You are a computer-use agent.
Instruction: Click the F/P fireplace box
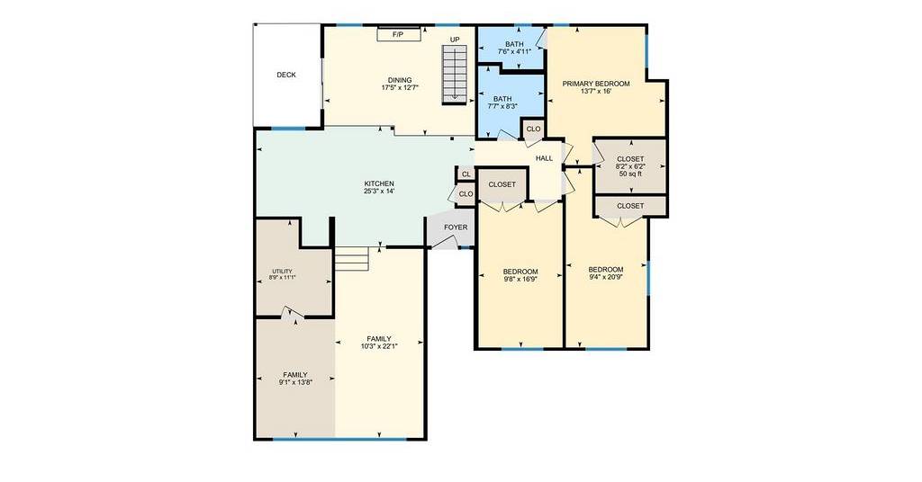click(399, 35)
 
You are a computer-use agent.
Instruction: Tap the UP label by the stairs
click(455, 40)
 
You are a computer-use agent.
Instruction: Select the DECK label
click(286, 76)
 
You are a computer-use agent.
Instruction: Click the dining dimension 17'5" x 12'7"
click(400, 88)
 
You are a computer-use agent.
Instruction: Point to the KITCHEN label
click(379, 183)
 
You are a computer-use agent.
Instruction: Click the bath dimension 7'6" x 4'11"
click(514, 51)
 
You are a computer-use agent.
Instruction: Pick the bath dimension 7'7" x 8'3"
click(502, 106)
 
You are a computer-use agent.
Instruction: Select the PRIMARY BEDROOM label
click(596, 84)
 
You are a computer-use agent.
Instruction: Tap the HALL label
click(545, 158)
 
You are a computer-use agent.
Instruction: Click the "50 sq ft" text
click(631, 174)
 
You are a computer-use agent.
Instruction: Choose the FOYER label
click(456, 228)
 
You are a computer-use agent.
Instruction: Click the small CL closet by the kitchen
click(466, 174)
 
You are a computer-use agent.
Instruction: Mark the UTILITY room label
click(282, 272)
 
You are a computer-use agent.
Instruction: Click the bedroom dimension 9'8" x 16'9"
click(520, 280)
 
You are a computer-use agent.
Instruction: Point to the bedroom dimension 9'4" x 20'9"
click(606, 277)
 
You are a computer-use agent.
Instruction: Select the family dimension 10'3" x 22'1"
click(379, 346)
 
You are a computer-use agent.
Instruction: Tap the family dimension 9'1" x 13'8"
click(295, 382)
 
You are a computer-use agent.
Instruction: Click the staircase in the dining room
click(454, 76)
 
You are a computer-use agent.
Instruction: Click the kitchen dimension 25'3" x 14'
click(379, 192)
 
